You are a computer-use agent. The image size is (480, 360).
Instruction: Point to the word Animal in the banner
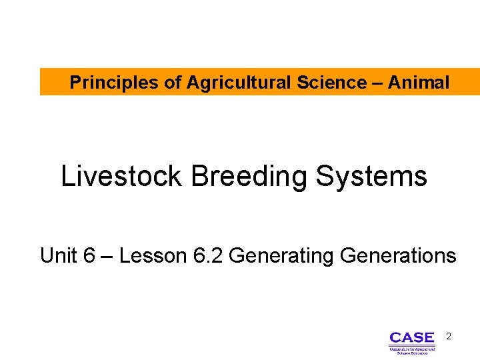tap(418, 83)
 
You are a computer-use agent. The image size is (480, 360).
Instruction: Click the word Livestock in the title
tap(121, 177)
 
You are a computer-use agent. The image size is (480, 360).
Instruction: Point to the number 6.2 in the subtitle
tap(207, 255)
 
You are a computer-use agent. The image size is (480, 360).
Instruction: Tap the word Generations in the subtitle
tap(398, 255)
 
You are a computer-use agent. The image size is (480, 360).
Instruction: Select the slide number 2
tap(449, 337)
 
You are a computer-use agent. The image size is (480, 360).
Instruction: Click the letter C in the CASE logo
tap(395, 338)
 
